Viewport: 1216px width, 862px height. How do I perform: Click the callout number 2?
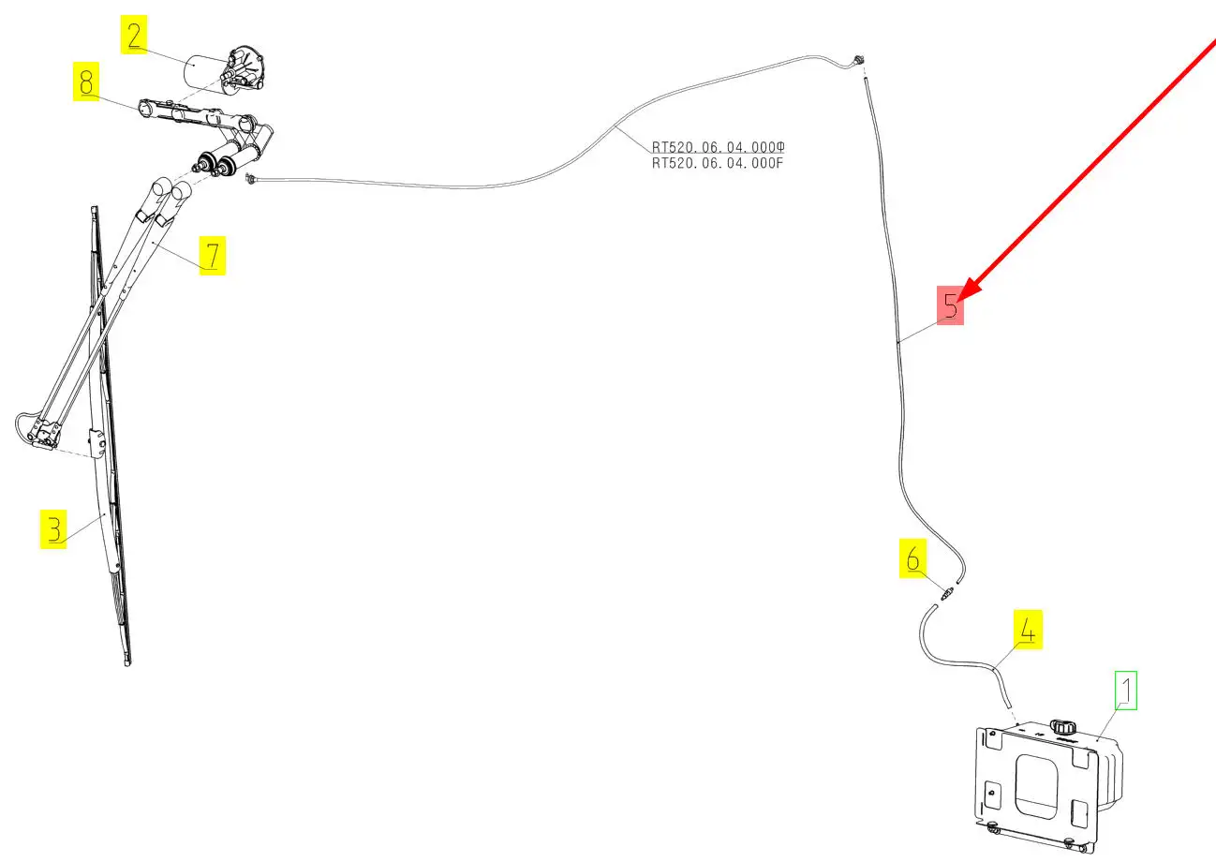point(135,37)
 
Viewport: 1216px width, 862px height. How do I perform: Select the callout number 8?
point(86,83)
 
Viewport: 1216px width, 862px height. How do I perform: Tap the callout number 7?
point(212,255)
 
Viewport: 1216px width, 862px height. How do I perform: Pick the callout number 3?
point(53,529)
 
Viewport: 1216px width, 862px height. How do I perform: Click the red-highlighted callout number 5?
point(951,306)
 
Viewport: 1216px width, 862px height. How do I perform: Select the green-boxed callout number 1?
point(1125,691)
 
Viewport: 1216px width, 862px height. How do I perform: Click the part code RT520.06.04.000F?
point(717,163)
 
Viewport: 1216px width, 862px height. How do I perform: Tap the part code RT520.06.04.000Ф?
point(717,148)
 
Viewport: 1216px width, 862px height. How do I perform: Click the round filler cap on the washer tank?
point(1062,726)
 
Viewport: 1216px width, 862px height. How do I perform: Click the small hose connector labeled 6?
point(947,593)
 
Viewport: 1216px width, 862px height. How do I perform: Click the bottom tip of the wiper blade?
point(127,661)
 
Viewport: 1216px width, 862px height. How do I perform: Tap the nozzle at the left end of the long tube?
point(250,178)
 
